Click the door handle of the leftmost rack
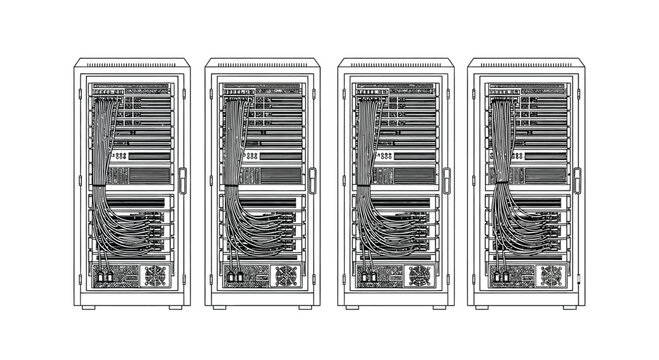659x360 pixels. point(182,181)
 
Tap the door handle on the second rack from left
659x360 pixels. point(312,181)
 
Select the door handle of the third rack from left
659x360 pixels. point(446,181)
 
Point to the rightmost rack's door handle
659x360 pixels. point(577,181)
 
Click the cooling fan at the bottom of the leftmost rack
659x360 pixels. point(155,275)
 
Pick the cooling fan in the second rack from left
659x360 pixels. point(286,275)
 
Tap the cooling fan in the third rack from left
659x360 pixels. point(419,275)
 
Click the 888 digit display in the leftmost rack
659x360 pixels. point(121,156)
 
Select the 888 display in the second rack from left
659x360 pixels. point(251,156)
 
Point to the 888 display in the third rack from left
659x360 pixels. point(385,156)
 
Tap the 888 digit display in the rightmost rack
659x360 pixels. point(516,156)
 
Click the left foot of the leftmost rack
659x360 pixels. point(89,308)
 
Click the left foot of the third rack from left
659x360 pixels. point(353,308)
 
